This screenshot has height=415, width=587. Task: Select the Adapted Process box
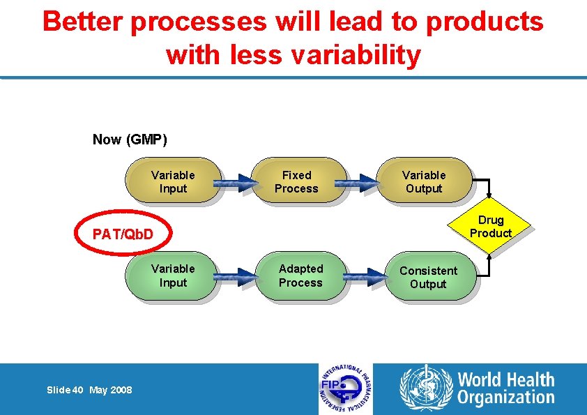point(302,276)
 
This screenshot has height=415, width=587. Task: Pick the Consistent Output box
point(429,277)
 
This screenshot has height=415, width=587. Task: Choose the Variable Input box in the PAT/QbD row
point(173,276)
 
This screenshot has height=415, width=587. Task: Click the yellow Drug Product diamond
point(491,227)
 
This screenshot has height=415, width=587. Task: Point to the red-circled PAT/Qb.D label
point(123,234)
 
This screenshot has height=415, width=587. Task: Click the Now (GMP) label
point(130,139)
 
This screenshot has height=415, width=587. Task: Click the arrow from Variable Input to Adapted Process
point(236,279)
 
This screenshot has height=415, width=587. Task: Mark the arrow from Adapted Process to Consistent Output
point(364,279)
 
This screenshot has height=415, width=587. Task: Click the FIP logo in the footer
point(346,389)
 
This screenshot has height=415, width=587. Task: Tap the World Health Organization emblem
point(425,388)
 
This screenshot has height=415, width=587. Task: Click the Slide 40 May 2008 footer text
point(89,390)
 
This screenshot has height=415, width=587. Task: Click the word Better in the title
point(84,22)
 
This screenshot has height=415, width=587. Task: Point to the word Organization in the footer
point(506,398)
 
